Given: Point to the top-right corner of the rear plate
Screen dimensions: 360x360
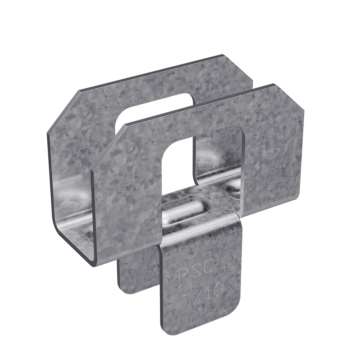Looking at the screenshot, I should [x=219, y=62].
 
